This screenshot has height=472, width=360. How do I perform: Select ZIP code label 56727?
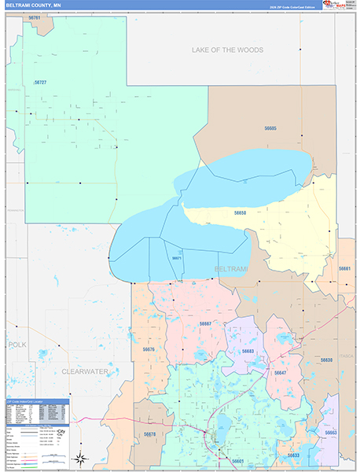point(40,83)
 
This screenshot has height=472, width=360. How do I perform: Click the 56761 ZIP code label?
point(35,17)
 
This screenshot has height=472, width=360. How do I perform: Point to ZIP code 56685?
point(270,127)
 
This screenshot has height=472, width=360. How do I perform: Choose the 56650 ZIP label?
point(241,212)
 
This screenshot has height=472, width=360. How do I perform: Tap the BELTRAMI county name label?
point(230,269)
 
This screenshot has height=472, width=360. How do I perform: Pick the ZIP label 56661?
point(345,269)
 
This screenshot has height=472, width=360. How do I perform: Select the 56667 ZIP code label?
point(205,323)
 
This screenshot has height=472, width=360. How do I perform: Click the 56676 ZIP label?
point(149,348)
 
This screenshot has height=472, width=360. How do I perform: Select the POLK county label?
point(17,345)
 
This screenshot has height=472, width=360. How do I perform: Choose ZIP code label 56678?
point(149,434)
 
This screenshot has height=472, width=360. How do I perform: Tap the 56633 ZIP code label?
point(293,455)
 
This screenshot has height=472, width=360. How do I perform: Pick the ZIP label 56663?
point(331,433)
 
